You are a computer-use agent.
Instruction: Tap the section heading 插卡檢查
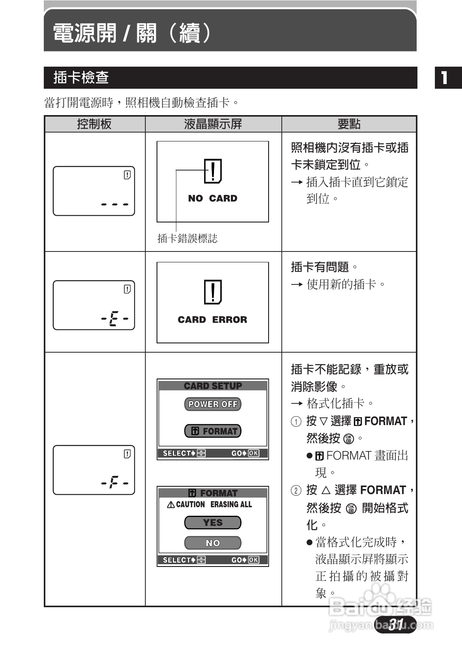point(81,77)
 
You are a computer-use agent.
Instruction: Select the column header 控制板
point(95,124)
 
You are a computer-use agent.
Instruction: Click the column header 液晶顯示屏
point(213,124)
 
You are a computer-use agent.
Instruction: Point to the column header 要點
point(349,124)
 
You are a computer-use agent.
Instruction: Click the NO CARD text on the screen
point(212,198)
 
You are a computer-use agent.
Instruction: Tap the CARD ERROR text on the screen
point(212,320)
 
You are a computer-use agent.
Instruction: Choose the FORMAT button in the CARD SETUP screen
point(212,431)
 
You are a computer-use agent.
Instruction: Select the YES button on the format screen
point(212,522)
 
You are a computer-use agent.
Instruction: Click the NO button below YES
point(212,543)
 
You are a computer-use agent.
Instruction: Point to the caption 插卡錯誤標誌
point(187,238)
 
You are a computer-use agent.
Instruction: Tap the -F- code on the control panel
point(114,483)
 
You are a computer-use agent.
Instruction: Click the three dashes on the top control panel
point(114,204)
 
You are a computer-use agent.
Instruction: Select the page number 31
point(396,624)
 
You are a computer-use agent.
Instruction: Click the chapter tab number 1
point(445,78)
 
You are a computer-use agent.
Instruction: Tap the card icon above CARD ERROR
point(213,292)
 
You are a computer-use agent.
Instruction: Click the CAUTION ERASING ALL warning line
point(209,504)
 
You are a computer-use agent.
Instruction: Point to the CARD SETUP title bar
point(212,386)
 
